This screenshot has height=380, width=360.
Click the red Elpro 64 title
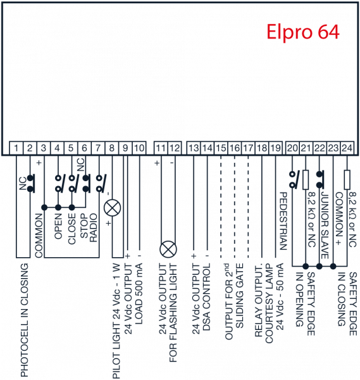point(303,32)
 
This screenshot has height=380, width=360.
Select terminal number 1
point(16,148)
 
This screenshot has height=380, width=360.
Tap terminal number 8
point(111,148)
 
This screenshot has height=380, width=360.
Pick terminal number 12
point(175,148)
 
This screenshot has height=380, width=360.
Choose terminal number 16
point(234,148)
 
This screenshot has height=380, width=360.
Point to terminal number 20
point(292,148)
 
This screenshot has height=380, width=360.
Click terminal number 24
point(347,148)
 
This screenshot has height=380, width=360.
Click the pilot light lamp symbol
point(113,208)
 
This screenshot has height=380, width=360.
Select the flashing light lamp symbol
point(168,250)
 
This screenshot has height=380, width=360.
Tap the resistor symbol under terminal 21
point(306,180)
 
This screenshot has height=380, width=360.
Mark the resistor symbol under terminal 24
point(347,180)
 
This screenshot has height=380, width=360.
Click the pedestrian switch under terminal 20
point(294,180)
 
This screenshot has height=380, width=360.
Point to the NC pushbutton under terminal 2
point(31,184)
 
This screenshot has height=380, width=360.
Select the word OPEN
point(58,226)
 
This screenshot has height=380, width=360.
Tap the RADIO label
point(93,227)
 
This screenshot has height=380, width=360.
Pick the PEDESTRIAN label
point(283,221)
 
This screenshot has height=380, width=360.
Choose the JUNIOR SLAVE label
point(325,225)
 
